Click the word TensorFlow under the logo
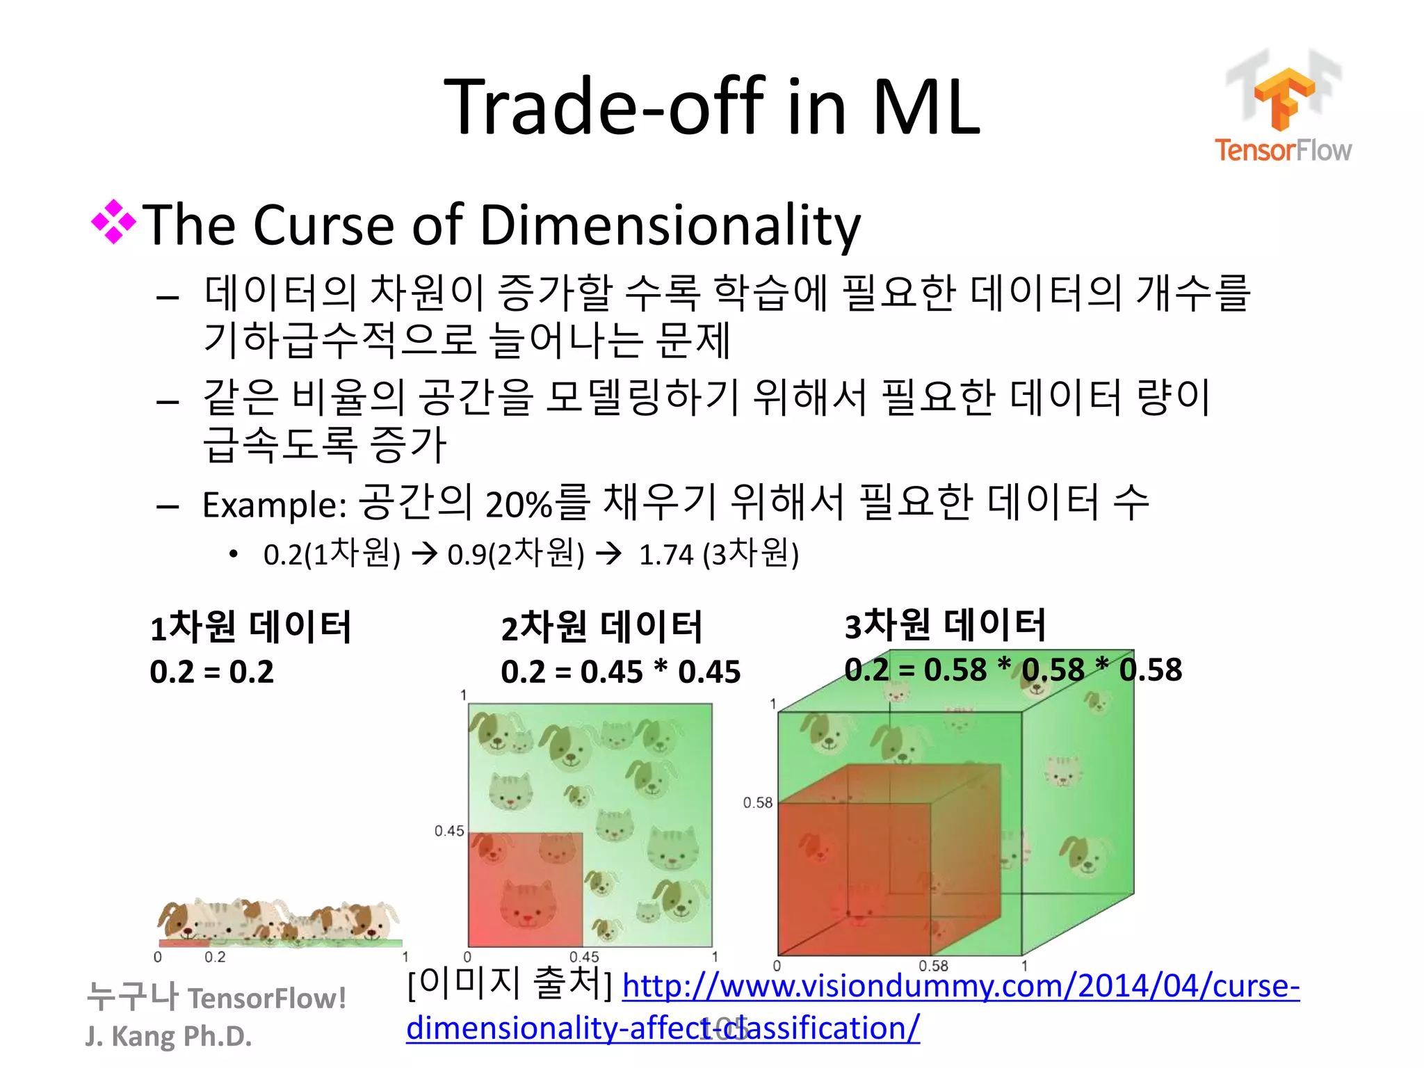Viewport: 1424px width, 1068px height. point(1283,150)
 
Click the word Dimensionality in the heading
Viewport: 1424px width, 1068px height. point(670,225)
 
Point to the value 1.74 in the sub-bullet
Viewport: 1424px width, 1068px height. point(666,555)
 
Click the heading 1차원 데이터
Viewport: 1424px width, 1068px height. point(250,626)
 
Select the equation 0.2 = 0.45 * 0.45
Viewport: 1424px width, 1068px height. point(620,672)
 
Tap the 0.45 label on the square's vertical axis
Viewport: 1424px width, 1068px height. point(449,831)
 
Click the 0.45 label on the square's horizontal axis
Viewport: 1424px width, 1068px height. point(584,957)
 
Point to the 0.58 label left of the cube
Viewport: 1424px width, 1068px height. point(757,803)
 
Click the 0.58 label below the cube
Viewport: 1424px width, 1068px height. point(933,966)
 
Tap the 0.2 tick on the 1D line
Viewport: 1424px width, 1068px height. point(215,957)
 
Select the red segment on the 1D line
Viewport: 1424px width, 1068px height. point(184,943)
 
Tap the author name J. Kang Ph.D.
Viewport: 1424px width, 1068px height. point(168,1036)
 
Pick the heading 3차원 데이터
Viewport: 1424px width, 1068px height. point(945,624)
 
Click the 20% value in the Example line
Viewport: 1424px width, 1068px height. point(519,505)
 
